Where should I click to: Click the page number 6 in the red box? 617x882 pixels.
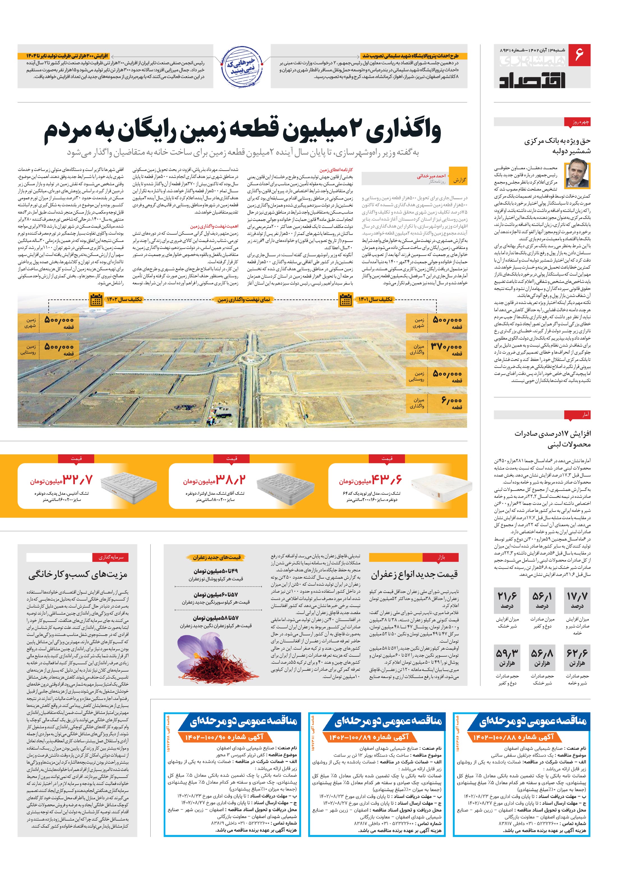579,54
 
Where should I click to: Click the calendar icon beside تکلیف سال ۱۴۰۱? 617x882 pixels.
346,300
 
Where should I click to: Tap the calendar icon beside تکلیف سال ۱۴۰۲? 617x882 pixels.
96,300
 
